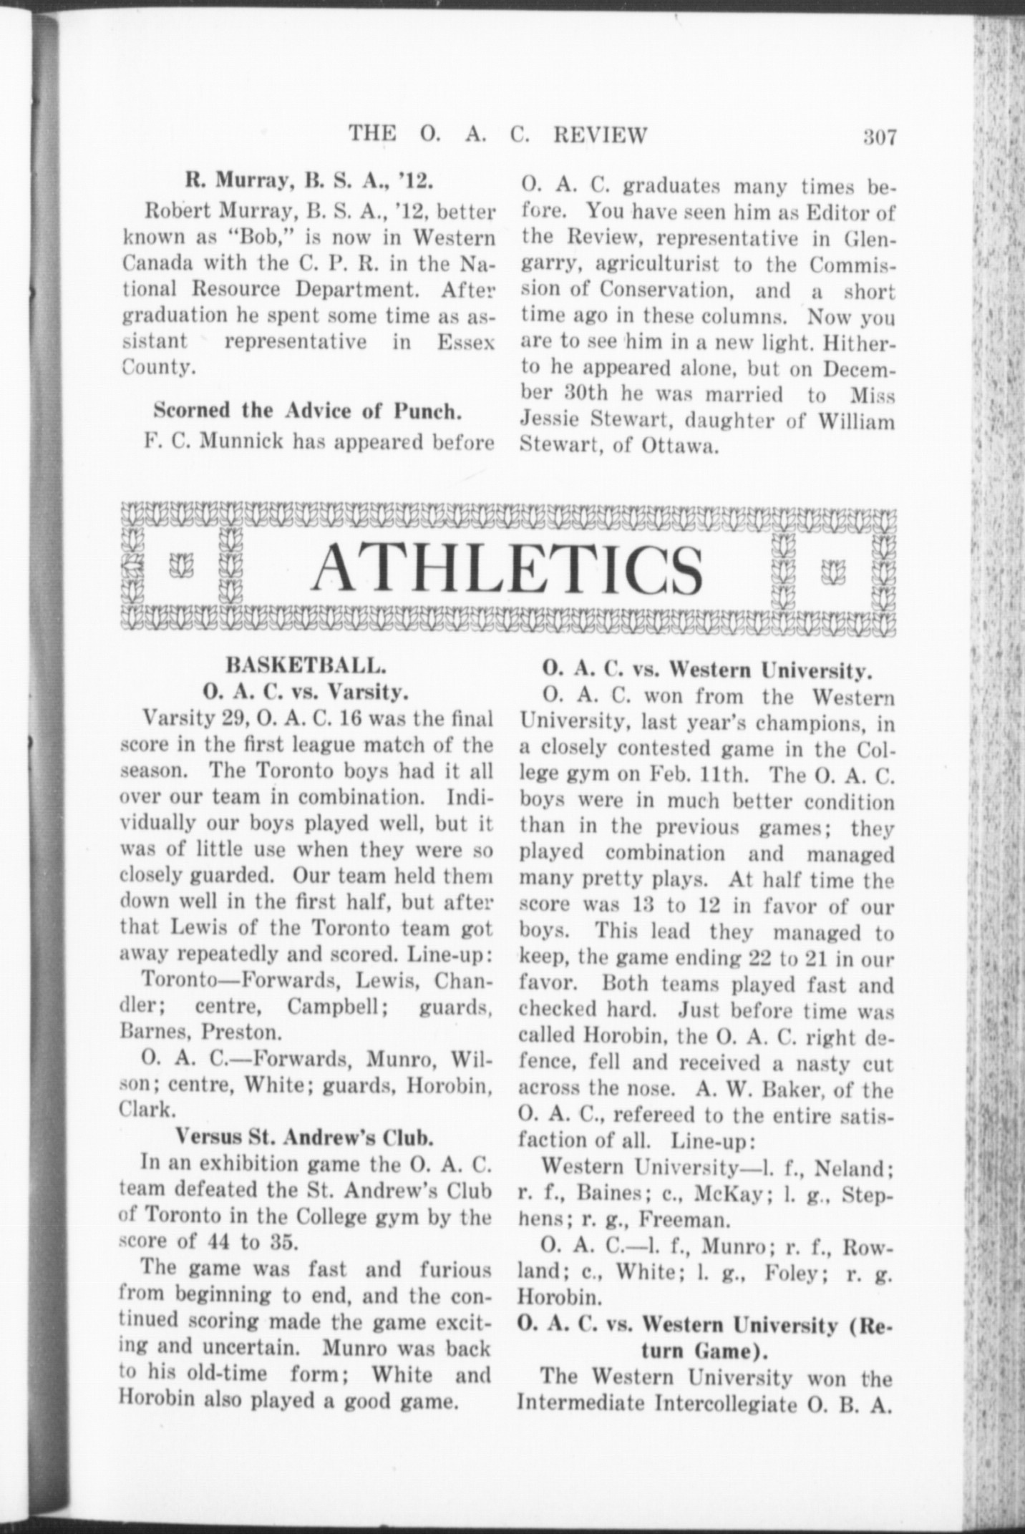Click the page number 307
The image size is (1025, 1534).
click(879, 136)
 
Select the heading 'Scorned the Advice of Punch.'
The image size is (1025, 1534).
click(306, 411)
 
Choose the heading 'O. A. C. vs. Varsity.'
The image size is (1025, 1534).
click(306, 692)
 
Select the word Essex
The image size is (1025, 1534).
click(465, 341)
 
